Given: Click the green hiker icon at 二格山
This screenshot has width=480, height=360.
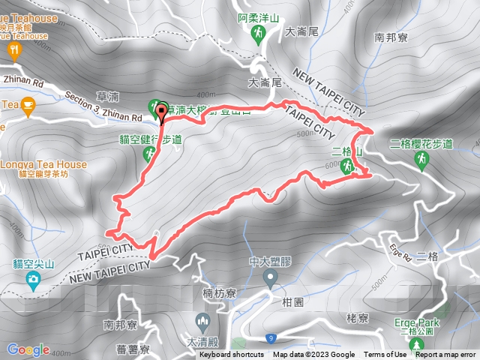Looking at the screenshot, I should (x=347, y=168).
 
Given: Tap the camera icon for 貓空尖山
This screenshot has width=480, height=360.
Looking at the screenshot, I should (x=33, y=280).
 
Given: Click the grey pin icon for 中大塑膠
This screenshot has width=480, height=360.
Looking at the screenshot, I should (x=271, y=279).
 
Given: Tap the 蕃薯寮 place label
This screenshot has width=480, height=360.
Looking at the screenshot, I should (x=133, y=349).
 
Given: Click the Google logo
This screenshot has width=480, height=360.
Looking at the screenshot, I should (x=28, y=349).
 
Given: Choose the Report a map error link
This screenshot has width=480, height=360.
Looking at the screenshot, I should (x=445, y=355).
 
